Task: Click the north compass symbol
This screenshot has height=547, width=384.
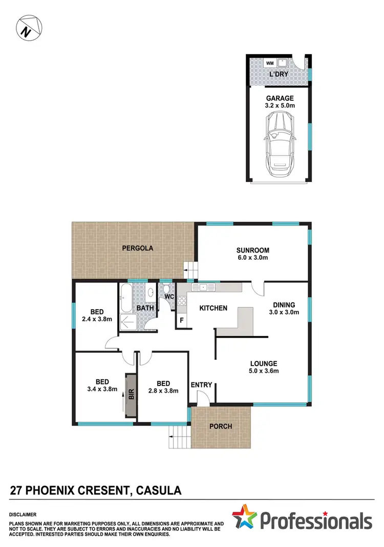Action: point(29,29)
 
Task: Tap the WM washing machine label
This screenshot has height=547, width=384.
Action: point(269,63)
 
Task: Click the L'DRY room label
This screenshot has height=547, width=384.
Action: point(279,75)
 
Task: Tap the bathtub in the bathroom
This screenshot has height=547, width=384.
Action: point(126,300)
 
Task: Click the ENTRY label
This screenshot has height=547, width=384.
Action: point(201,385)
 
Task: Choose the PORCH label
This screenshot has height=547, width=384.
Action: point(221,426)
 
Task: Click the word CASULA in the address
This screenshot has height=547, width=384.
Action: point(159,491)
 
